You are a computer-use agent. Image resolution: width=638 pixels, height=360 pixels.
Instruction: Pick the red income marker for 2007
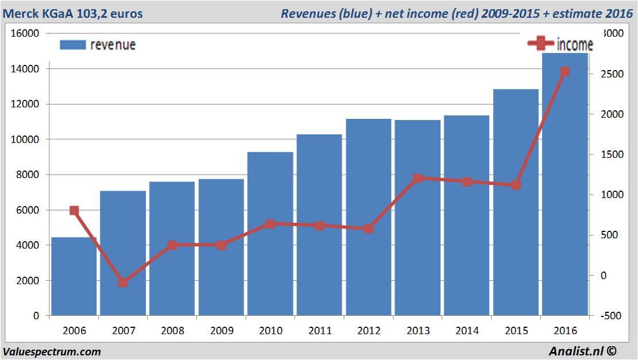123,282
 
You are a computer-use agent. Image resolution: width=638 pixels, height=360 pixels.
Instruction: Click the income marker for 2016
565,72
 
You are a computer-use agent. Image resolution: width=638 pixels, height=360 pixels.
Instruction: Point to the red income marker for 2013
417,179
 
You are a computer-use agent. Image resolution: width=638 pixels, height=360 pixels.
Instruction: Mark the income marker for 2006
74,211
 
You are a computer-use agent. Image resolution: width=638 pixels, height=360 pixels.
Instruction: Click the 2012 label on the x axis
369,331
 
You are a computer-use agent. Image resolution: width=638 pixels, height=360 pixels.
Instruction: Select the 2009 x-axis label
221,331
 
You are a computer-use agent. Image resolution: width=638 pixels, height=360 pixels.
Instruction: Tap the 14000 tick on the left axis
25,69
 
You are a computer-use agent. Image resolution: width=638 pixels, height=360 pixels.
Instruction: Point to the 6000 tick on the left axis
28,210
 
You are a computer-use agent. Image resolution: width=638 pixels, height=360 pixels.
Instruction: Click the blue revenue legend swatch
72,44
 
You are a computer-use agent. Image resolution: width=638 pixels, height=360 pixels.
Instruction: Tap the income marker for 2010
270,224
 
